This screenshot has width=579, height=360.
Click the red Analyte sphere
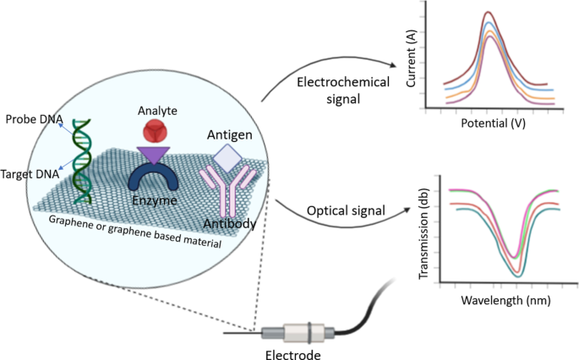tap(155, 131)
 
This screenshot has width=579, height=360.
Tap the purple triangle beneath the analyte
tap(155, 153)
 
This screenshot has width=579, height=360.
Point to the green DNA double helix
tap(82, 161)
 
